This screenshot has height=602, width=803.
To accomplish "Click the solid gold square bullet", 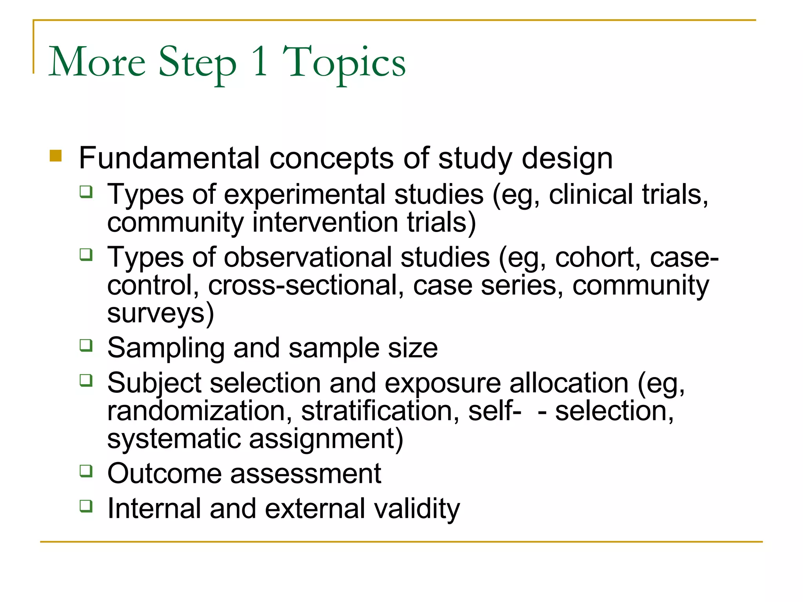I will pyautogui.click(x=56, y=156).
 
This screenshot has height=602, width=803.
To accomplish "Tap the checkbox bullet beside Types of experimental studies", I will pyautogui.click(x=86, y=192).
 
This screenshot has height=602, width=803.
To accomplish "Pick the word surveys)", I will pyautogui.click(x=161, y=314).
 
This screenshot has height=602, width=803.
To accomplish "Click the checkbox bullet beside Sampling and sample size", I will pyautogui.click(x=86, y=345).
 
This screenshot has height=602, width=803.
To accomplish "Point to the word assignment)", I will pyautogui.click(x=326, y=439).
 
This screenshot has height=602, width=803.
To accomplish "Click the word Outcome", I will pyautogui.click(x=165, y=473).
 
